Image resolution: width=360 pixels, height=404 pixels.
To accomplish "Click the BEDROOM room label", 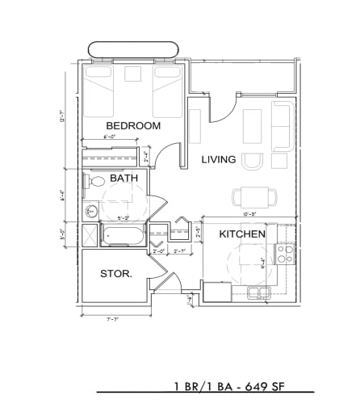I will pos(133,126).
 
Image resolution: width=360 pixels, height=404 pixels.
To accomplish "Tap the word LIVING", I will pos(218,160).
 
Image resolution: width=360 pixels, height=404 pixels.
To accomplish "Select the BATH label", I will pos(123,178).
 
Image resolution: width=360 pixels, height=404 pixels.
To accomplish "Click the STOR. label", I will pos(116,274).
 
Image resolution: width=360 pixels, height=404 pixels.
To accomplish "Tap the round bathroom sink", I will pos(91,212).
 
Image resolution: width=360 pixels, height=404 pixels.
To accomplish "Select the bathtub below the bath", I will pos(123,237).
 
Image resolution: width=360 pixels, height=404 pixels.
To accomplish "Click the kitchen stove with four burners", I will pos(284,254).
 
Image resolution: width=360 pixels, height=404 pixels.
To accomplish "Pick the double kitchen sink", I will pos(258,292).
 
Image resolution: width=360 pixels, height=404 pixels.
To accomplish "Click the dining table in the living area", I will pos(253,196).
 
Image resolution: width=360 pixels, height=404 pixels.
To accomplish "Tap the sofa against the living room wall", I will pos(283,127).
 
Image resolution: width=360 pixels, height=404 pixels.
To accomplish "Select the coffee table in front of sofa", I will pos(253,127).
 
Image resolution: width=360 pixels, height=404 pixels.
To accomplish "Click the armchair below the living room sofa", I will pos(253,161).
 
